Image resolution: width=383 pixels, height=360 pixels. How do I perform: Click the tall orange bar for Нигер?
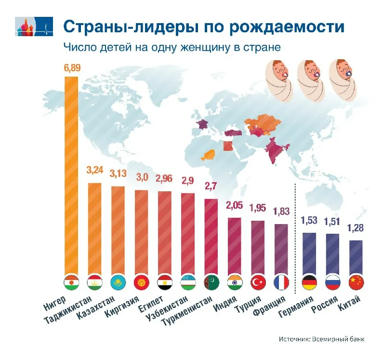coord(71,173)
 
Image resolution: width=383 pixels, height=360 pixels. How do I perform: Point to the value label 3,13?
coord(118,173)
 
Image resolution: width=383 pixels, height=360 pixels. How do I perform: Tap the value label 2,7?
coord(211,186)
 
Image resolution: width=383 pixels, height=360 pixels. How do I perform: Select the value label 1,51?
coord(332,221)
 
